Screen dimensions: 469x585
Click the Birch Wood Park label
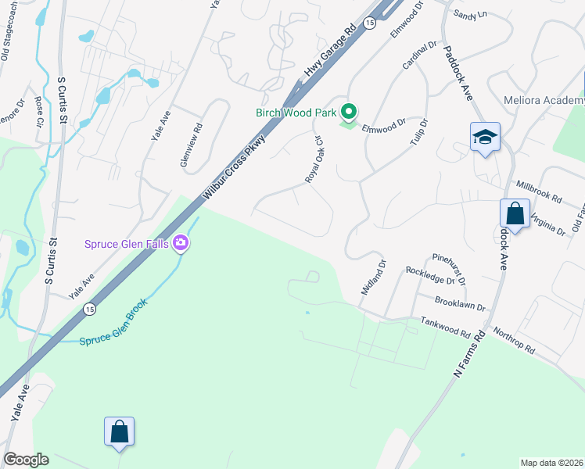tap(296, 113)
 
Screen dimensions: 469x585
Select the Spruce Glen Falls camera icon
tap(181, 244)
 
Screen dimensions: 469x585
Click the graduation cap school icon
tap(485, 138)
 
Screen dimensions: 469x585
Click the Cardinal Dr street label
tap(419, 55)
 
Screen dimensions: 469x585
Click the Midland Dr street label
tap(373, 277)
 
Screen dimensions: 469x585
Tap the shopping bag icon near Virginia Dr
tap(515, 213)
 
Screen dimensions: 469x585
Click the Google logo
tap(26, 460)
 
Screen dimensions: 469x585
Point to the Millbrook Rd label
tap(539, 192)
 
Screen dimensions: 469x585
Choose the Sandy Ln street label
tap(470, 14)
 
